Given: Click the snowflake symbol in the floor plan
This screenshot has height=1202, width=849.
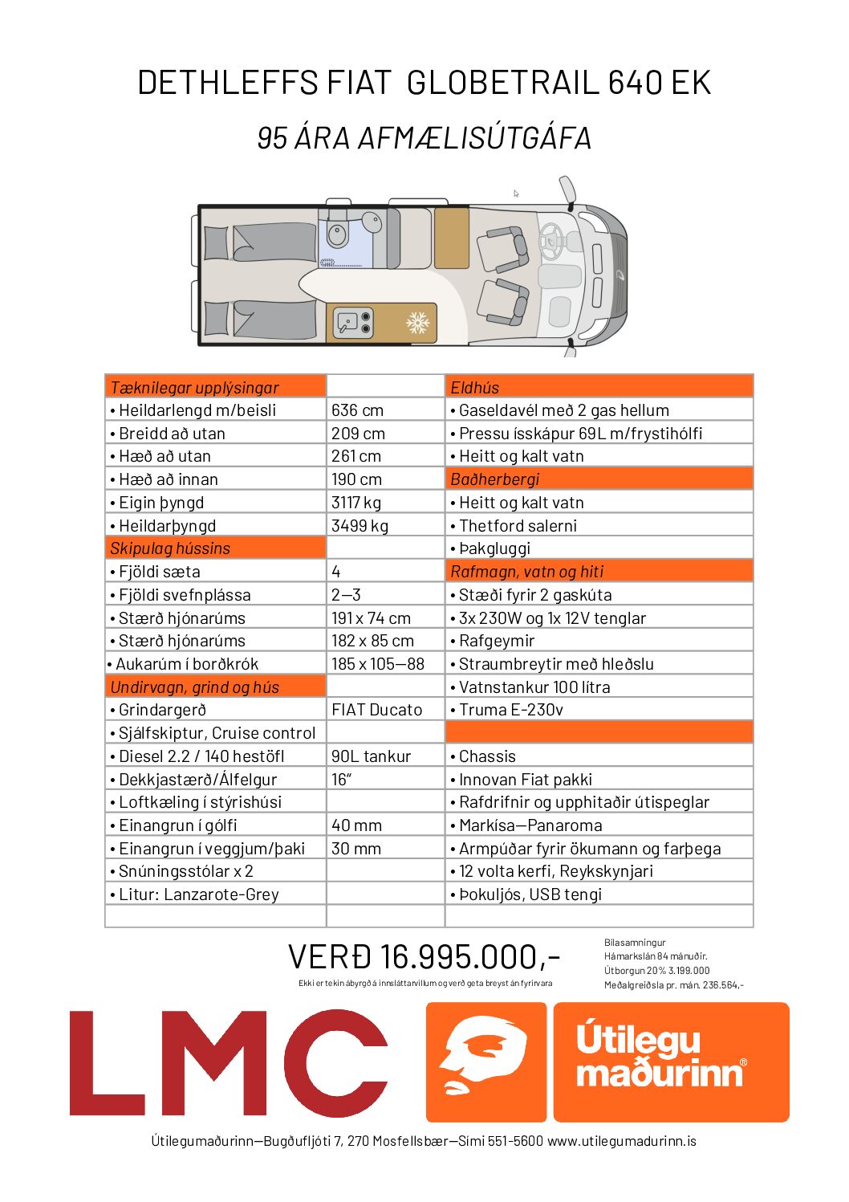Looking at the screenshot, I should coord(417,323).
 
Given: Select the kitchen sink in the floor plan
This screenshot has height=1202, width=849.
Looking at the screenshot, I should coord(347,323).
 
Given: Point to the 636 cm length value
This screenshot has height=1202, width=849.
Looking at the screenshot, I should coord(357,410).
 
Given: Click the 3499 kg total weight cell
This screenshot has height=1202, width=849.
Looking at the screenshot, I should coord(360,526).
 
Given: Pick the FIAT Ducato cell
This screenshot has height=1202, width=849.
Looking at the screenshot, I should coord(376,710).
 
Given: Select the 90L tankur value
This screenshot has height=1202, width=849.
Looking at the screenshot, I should coord(371,756).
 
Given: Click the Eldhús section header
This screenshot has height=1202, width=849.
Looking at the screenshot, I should coord(474,387).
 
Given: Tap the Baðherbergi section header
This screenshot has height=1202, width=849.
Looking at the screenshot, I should coord(494,479).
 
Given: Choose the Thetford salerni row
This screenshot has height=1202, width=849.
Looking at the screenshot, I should coord(518,526).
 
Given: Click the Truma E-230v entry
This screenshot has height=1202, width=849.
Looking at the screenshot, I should coord(510,710).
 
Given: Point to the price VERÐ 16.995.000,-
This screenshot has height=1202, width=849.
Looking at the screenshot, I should coord(424,956).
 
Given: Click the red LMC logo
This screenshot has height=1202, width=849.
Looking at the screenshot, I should coord(228,1061).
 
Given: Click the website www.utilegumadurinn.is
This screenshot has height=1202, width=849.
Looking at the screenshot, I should coord(622,1141).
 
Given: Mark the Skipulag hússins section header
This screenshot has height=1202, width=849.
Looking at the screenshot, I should coord(170,548).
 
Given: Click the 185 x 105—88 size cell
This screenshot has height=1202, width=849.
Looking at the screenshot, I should coord(377,664).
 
